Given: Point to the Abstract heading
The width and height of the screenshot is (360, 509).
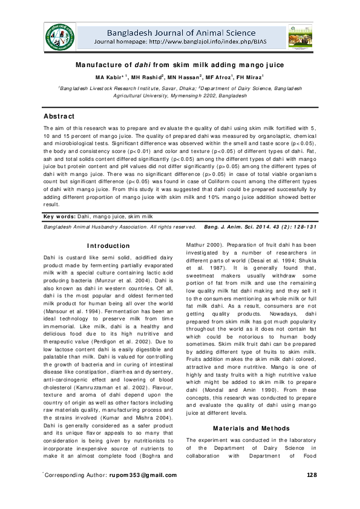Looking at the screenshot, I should (x=58, y=116).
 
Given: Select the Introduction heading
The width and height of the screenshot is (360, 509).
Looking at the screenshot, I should (x=108, y=245).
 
